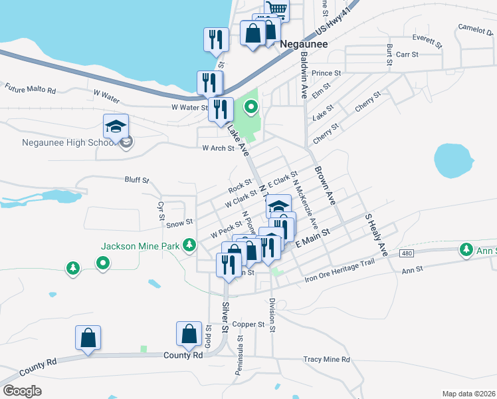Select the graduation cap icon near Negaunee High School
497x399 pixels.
[x=115, y=125]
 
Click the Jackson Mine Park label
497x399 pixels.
[x=140, y=246]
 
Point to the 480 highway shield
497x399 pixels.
[x=407, y=254]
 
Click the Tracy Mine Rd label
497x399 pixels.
[x=326, y=360]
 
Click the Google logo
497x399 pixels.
[x=22, y=391]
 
